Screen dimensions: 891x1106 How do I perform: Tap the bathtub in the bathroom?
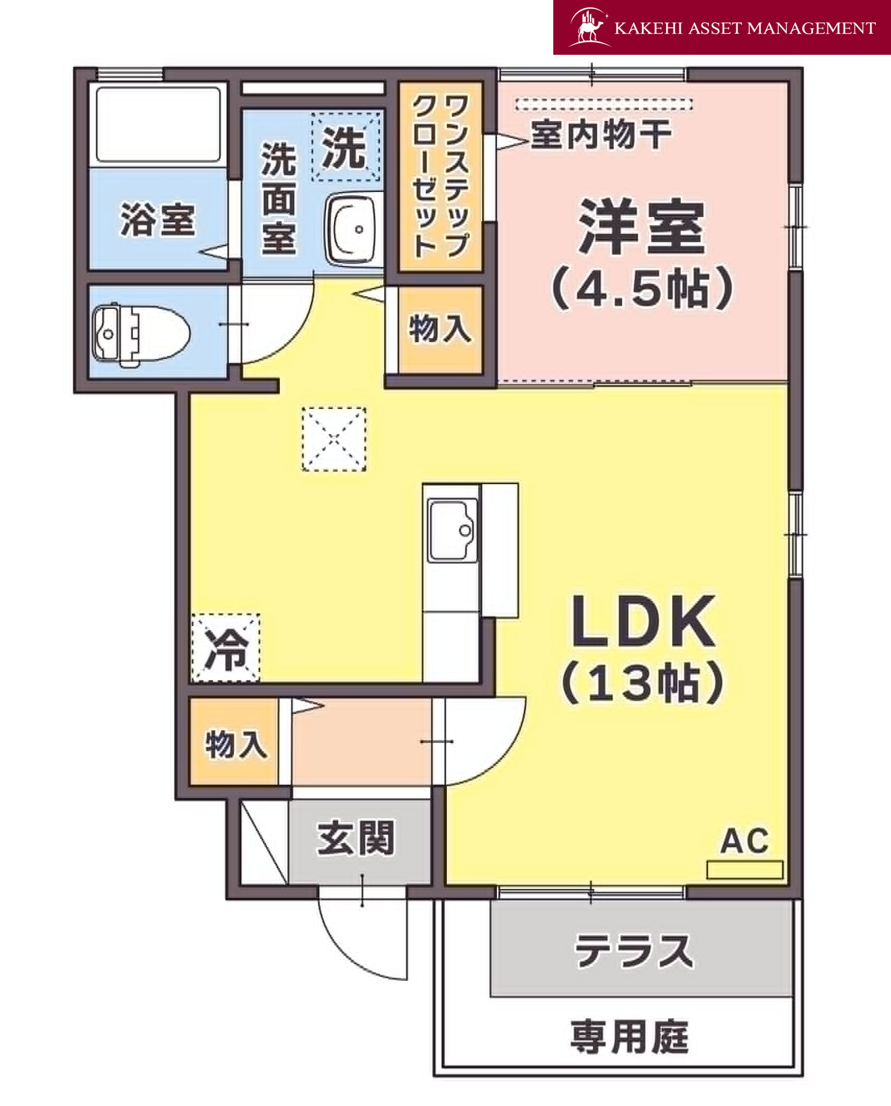click(158, 125)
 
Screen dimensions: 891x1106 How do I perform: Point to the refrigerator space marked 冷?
click(225, 648)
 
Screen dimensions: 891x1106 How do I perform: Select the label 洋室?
click(641, 227)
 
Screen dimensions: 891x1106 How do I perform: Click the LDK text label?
click(643, 621)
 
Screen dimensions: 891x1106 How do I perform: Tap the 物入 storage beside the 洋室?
click(440, 330)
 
